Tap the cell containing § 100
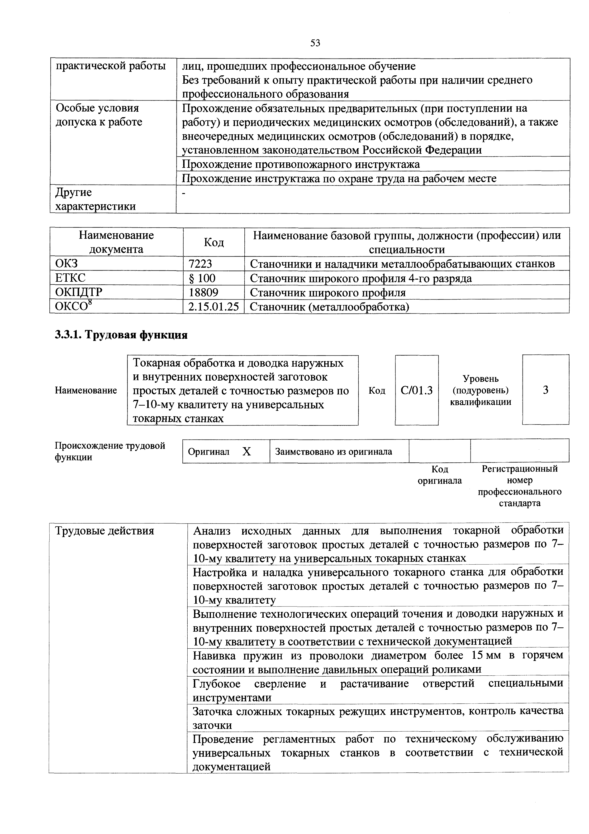pos(202,278)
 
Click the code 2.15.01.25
pos(213,307)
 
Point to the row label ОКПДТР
pos(79,292)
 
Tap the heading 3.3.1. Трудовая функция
pos(121,335)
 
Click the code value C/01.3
pos(417,390)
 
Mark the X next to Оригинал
pos(247,451)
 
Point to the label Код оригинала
pos(440,475)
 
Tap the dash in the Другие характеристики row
pos(184,194)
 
